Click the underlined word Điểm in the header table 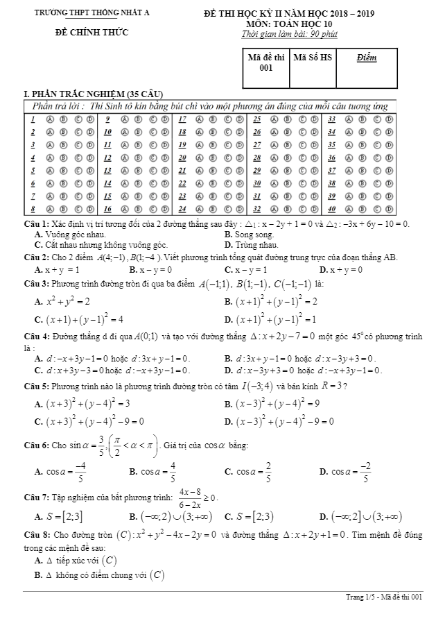coord(367,58)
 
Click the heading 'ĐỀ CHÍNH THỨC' coord(92,32)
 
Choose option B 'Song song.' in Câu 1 coord(250,235)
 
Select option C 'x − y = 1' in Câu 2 coord(245,269)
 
